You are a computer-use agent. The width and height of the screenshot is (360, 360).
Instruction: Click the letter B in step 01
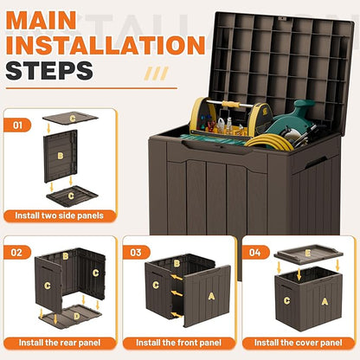point(61,157)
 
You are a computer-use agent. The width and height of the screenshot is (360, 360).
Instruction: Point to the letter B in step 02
point(65,257)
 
